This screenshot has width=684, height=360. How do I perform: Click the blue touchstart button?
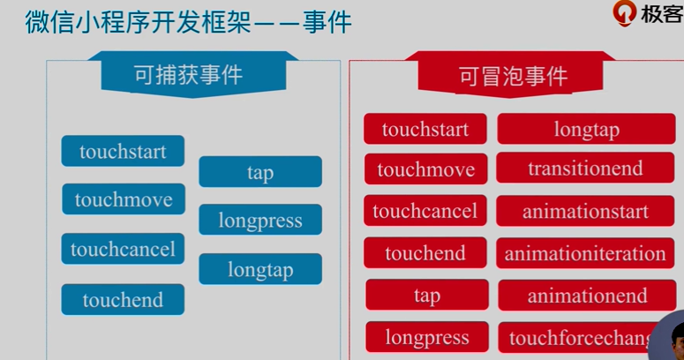[123, 151]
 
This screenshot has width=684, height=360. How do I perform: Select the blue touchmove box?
[123, 199]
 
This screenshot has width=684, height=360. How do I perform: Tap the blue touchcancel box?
[123, 249]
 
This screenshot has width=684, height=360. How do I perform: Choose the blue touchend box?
[123, 299]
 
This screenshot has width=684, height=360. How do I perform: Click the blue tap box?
[260, 172]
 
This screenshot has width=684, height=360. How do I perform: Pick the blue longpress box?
[260, 221]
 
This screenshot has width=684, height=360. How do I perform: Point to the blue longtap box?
[260, 269]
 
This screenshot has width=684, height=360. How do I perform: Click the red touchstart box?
[425, 129]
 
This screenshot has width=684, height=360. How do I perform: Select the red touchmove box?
[425, 169]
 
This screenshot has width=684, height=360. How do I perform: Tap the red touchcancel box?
[425, 211]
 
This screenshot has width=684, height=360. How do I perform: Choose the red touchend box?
[425, 253]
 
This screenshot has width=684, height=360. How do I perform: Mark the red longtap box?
[586, 129]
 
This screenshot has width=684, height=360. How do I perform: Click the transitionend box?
[585, 168]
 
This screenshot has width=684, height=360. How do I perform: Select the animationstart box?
[585, 211]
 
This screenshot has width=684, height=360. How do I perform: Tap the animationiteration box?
[585, 253]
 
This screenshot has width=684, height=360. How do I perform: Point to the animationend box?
[587, 295]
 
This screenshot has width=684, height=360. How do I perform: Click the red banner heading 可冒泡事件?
[513, 76]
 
